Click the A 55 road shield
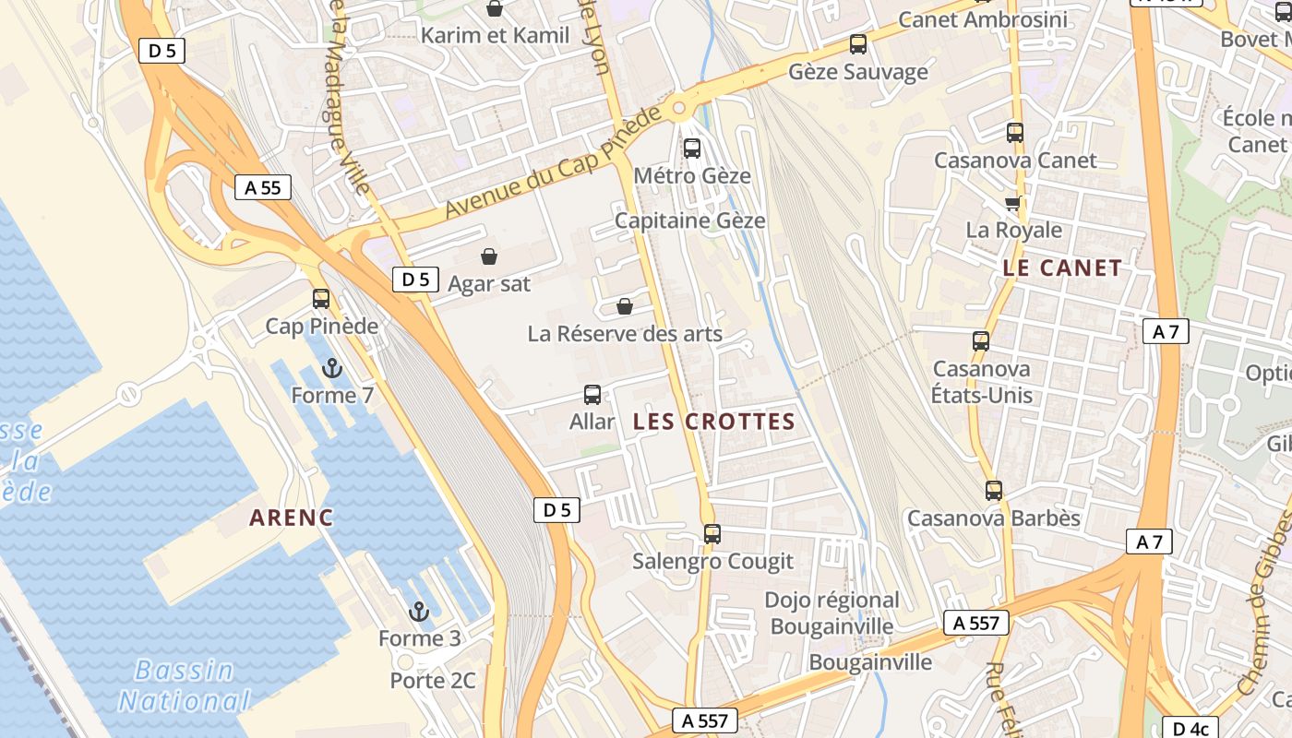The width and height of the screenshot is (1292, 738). (x=262, y=188)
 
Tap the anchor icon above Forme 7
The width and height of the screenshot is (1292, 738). (x=332, y=369)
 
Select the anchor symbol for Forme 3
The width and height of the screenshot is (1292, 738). (x=419, y=612)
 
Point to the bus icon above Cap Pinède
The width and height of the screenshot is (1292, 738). (x=321, y=299)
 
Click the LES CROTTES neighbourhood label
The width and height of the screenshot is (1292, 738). (x=714, y=423)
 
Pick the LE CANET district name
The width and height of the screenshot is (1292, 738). (x=1062, y=268)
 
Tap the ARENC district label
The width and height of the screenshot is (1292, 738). (x=292, y=518)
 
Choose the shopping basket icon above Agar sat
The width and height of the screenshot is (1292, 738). (x=489, y=256)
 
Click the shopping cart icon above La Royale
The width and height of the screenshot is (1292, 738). (x=1013, y=203)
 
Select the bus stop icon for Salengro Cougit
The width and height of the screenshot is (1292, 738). (x=712, y=534)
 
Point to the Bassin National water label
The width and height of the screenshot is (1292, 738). (x=185, y=685)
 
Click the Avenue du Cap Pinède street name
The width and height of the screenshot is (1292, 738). (x=553, y=162)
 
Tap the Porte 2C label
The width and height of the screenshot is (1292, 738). (x=433, y=681)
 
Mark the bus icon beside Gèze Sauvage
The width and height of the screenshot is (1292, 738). (x=858, y=44)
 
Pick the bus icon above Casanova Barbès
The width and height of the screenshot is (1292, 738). (x=994, y=491)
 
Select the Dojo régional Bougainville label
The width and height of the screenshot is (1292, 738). (x=831, y=613)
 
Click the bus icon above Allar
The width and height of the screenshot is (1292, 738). (x=592, y=395)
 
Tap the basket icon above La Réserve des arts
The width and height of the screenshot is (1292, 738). (x=625, y=306)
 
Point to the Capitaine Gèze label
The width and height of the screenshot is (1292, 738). (x=689, y=221)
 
